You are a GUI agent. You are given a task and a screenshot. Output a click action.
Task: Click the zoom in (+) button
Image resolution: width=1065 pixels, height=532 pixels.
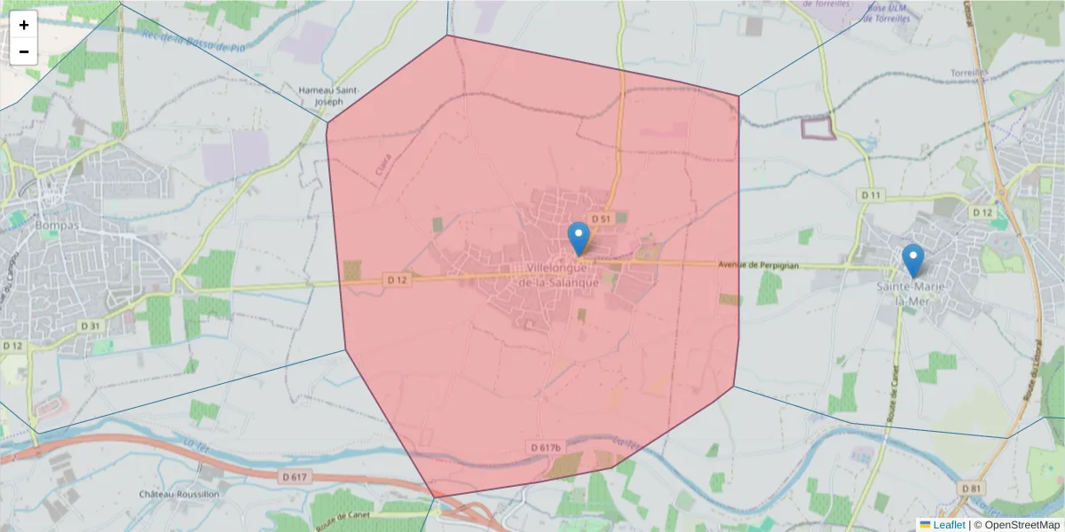click(x=24, y=25)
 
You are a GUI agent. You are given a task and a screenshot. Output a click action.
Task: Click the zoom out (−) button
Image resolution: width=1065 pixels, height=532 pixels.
click(x=24, y=51)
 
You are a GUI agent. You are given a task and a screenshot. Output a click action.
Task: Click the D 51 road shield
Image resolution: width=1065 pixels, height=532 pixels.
click(x=601, y=218)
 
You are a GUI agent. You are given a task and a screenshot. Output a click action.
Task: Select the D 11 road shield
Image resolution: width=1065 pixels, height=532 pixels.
click(x=871, y=194)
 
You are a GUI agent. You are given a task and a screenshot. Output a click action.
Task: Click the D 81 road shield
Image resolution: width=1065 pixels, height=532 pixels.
click(x=970, y=489)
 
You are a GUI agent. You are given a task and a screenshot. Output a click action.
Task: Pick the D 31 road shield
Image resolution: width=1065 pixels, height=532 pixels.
click(x=91, y=325)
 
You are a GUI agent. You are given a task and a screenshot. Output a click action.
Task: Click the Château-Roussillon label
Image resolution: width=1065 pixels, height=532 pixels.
click(x=178, y=494)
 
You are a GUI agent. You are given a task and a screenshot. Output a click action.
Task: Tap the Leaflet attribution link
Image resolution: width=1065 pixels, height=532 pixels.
click(x=949, y=525)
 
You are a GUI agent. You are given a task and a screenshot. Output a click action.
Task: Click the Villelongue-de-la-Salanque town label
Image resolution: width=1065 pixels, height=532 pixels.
click(x=561, y=275)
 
